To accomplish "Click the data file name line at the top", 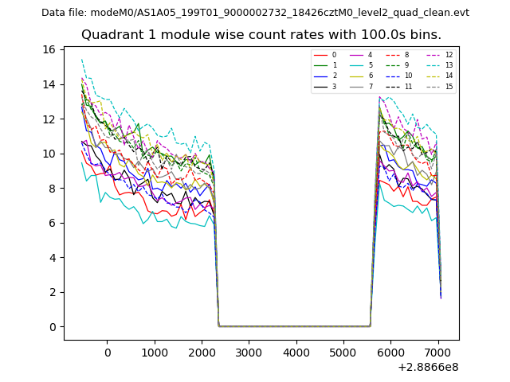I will click(x=255, y=13).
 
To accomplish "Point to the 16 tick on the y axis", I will click(x=49, y=49).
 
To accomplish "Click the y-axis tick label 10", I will click(x=49, y=154).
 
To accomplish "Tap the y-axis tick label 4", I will click(x=51, y=258).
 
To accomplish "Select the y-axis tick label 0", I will click(x=51, y=327).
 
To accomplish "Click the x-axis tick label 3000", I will click(x=249, y=353).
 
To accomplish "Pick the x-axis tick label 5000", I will click(x=343, y=353).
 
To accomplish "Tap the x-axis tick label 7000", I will click(x=437, y=353).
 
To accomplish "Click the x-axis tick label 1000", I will click(x=155, y=353).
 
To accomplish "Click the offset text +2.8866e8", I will click(x=427, y=367).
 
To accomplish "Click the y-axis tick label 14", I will click(x=49, y=84).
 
